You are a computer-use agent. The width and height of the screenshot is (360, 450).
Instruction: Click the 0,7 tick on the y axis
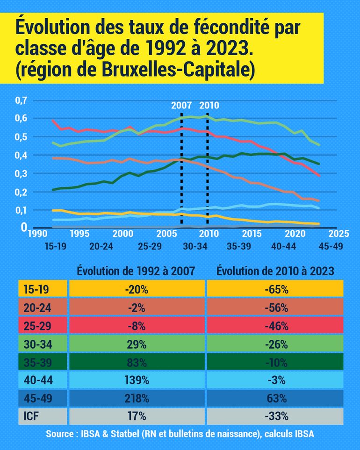22,100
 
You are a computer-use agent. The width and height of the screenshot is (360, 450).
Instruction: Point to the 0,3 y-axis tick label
22,173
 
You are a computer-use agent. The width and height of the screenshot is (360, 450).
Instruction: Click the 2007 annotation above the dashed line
181,106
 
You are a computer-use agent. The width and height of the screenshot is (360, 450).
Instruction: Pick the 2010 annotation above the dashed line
209,106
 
